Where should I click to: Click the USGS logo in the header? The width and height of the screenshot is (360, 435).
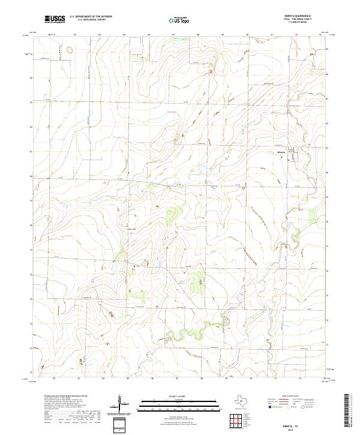[55, 19]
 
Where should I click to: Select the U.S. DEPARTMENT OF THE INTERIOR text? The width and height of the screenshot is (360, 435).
[91, 16]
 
